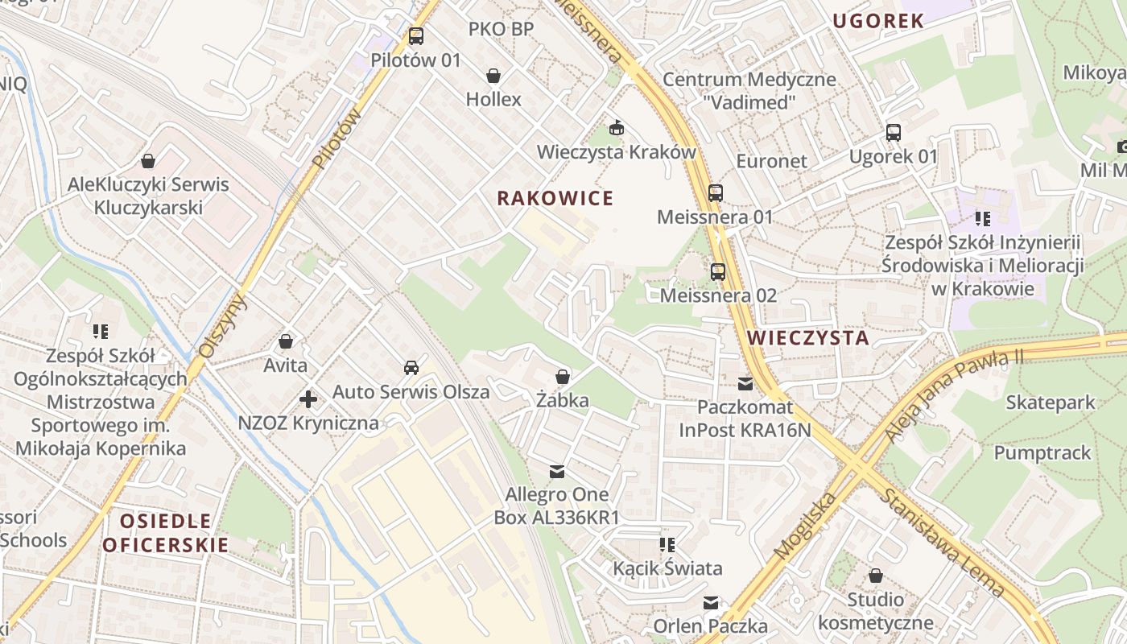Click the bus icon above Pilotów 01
[x=415, y=36]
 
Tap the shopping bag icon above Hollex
[x=493, y=76]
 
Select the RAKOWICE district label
[x=555, y=198]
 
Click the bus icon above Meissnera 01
[x=715, y=193]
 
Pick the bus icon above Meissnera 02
[x=718, y=272]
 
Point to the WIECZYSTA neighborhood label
[x=808, y=338]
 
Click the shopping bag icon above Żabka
[x=563, y=377]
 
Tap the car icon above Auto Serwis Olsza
[x=411, y=368]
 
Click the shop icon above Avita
[x=286, y=342]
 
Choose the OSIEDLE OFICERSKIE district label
[x=166, y=533]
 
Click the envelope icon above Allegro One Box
[x=556, y=471]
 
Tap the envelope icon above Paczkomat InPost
[x=745, y=384]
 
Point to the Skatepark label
[x=1051, y=402]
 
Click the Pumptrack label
[x=1042, y=452]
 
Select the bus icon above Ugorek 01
[x=894, y=133]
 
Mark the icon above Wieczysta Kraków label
[x=617, y=128]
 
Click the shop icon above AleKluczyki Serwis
[x=148, y=161]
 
